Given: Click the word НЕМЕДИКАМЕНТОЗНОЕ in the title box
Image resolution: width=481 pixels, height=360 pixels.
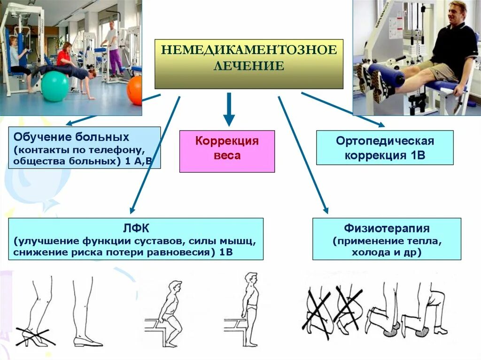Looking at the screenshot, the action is click(249, 50).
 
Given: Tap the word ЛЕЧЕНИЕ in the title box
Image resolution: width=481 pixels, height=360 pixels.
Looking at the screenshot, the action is click(249, 66).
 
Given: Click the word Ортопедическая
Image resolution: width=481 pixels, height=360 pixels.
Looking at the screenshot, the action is click(385, 141).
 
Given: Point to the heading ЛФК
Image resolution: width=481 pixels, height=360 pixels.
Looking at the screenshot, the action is click(136, 229).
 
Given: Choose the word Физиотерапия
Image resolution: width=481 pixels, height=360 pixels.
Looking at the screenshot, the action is click(387, 229).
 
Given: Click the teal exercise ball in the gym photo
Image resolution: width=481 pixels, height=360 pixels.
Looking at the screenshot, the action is click(54, 86).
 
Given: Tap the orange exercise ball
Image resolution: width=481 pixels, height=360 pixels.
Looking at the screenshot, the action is click(134, 90).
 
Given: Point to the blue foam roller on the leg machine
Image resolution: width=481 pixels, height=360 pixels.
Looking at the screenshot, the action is click(385, 75).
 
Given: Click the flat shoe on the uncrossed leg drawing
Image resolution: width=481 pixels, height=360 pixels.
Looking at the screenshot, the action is click(87, 342).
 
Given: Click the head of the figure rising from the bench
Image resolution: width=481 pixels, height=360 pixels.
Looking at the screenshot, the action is click(175, 287).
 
